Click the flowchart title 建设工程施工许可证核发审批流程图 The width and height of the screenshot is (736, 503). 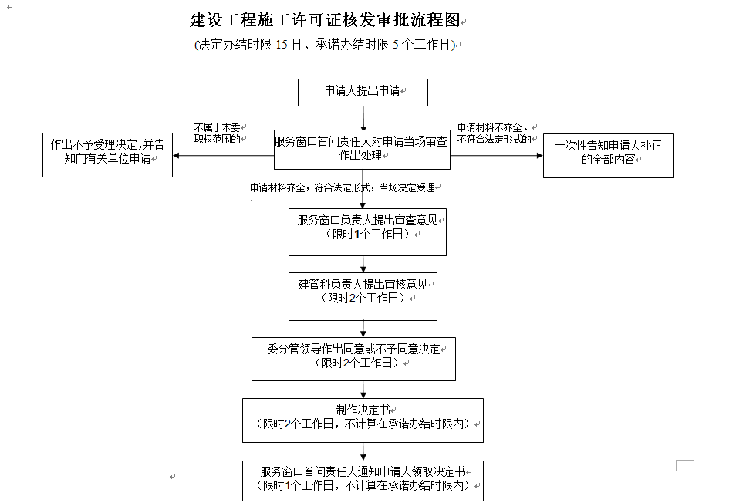[324, 20]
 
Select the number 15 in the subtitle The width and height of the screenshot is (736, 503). [282, 45]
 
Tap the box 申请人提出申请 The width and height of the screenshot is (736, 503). [363, 93]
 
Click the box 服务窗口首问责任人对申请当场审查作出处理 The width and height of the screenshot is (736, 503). [362, 149]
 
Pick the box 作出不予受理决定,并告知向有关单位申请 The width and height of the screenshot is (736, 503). [107, 155]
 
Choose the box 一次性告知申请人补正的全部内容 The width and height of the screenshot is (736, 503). [608, 156]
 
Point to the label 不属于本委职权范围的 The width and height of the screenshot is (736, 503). [218, 133]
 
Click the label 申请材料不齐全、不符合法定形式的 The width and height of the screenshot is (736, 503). [495, 133]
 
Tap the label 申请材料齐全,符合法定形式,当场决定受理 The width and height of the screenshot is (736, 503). [343, 187]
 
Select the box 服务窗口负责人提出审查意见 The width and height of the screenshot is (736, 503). [367, 232]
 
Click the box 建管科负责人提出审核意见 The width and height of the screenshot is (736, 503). [363, 296]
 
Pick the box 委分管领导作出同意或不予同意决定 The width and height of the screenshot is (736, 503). [353, 359]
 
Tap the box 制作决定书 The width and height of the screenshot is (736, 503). [363, 420]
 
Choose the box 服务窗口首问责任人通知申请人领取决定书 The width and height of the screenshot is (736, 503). [363, 481]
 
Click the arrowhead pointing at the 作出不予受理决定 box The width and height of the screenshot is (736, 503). [176, 156]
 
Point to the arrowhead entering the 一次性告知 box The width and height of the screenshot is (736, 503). [540, 155]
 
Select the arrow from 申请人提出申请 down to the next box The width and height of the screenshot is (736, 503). [363, 118]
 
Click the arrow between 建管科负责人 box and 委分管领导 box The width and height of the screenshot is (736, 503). [363, 329]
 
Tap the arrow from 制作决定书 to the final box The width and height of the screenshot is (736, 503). [363, 451]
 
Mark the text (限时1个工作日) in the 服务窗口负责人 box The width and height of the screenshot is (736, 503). [367, 234]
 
